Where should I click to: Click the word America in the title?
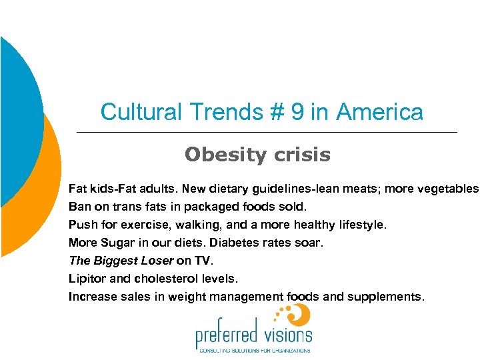(x=379, y=112)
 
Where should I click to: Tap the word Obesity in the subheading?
(x=219, y=155)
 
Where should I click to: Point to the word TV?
(x=202, y=261)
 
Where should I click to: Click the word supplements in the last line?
(x=387, y=297)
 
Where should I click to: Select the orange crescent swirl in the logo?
(x=301, y=314)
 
